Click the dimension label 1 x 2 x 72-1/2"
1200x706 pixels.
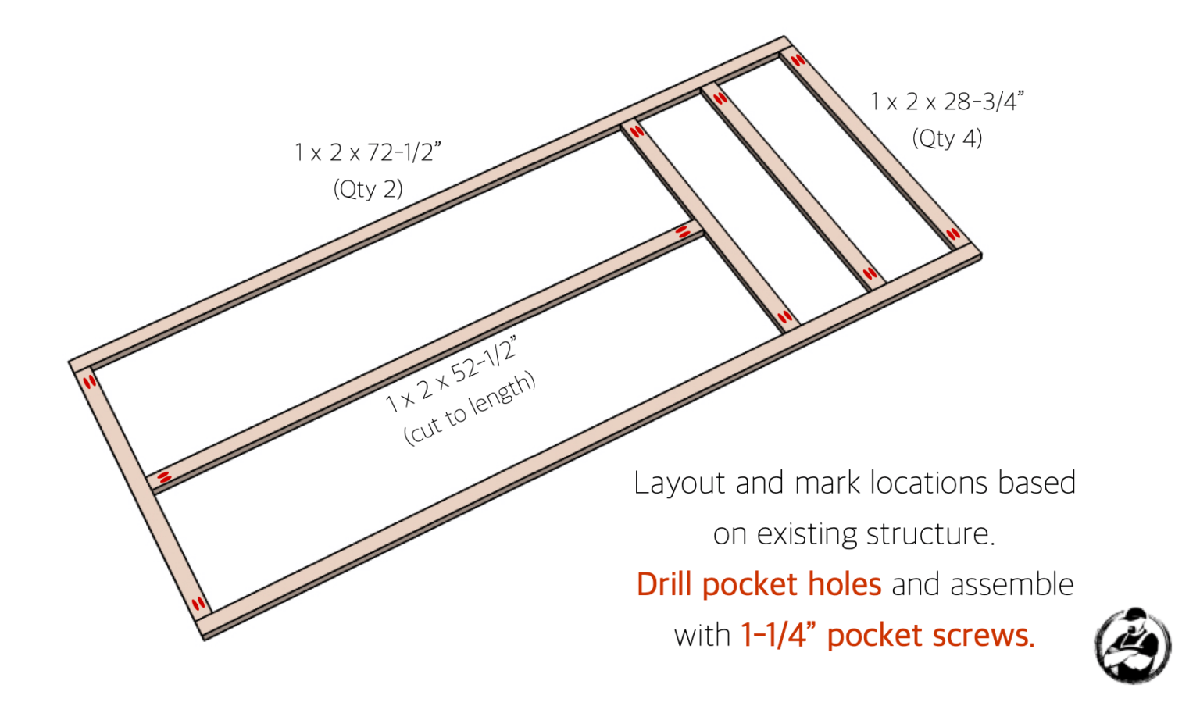(x=367, y=152)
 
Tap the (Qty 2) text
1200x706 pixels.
(x=368, y=189)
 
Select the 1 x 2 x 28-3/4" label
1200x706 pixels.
(x=947, y=102)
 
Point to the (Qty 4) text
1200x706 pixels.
(x=947, y=139)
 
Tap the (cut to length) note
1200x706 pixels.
(x=470, y=409)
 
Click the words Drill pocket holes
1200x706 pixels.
(x=759, y=584)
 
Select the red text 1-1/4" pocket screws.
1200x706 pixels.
(x=887, y=636)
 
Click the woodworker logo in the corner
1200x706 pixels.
(x=1132, y=646)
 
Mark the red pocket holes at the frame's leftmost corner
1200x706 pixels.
(x=89, y=381)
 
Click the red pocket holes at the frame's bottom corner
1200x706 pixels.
(x=198, y=604)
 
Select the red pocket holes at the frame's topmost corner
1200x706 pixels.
(x=797, y=60)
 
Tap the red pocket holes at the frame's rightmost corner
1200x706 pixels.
(x=953, y=234)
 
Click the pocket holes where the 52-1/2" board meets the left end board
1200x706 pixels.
(x=164, y=476)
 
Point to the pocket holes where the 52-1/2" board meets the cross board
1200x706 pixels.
(x=683, y=231)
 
